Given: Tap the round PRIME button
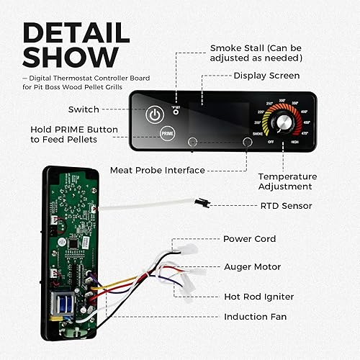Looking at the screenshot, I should tap(167, 133).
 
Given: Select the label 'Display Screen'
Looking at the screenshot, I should tap(266, 75).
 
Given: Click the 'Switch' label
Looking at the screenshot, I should tap(84, 109).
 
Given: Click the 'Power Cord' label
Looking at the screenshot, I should tap(249, 239).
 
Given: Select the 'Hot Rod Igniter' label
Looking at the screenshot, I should tap(258, 296).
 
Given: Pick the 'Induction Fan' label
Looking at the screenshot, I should tap(255, 316).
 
